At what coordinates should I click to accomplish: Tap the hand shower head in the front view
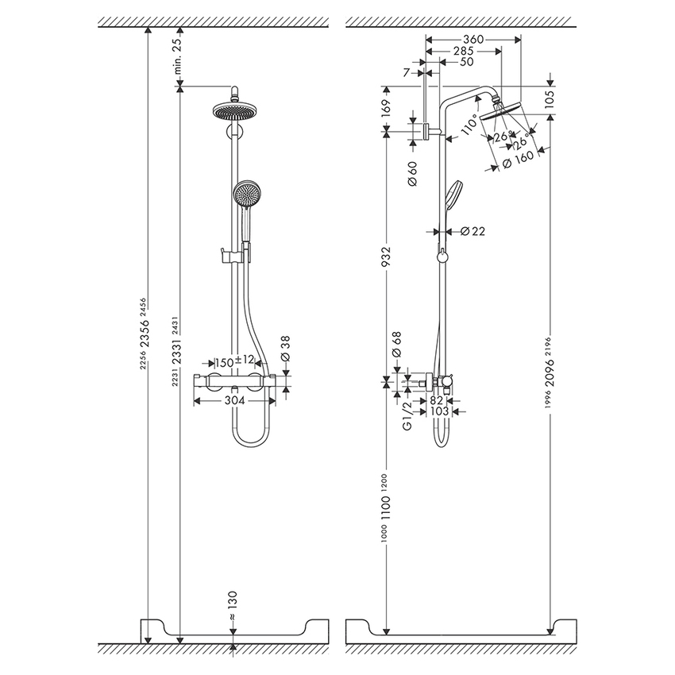pos(246,193)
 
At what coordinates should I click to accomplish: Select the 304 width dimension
pos(234,402)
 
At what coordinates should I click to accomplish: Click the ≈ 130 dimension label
pos(232,607)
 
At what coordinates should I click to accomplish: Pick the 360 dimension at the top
pos(473,38)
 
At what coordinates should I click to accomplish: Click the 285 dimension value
pos(463,50)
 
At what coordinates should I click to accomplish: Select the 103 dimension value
pos(439,411)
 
